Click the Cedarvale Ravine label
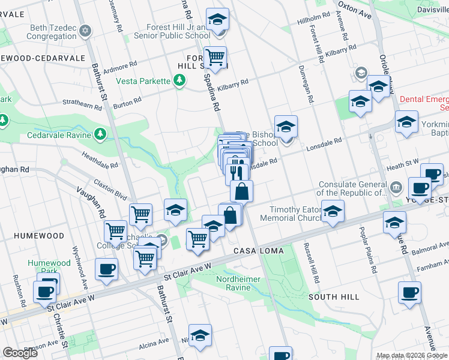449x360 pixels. tap(59, 135)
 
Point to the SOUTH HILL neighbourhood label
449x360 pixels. tap(334, 297)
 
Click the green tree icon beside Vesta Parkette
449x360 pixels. tap(179, 80)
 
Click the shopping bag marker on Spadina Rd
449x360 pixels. tap(241, 192)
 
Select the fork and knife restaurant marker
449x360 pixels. tap(238, 172)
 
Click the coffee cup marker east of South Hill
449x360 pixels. tap(410, 293)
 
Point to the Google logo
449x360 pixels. tap(20, 353)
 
